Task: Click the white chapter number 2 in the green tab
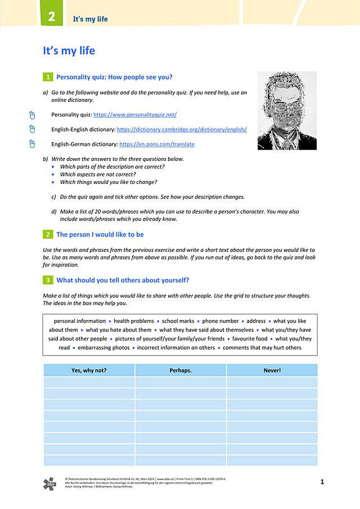pyautogui.click(x=51, y=17)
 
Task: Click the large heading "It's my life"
pyautogui.click(x=69, y=51)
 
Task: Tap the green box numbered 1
pyautogui.click(x=48, y=77)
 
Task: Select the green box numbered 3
pyautogui.click(x=48, y=280)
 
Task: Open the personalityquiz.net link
pyautogui.click(x=135, y=115)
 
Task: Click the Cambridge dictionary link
pyautogui.click(x=182, y=129)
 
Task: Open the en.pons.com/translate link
pyautogui.click(x=157, y=144)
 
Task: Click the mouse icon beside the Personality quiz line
pyautogui.click(x=32, y=115)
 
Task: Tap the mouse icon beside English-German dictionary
pyautogui.click(x=32, y=144)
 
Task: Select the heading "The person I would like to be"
pyautogui.click(x=100, y=235)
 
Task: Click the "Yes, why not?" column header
pyautogui.click(x=89, y=370)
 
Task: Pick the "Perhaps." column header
pyautogui.click(x=181, y=370)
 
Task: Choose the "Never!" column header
pyautogui.click(x=272, y=370)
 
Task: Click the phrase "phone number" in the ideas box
pyautogui.click(x=220, y=321)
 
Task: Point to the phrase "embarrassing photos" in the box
pyautogui.click(x=103, y=348)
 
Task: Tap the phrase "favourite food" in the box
pyautogui.click(x=250, y=339)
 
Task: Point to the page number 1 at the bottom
pyautogui.click(x=322, y=482)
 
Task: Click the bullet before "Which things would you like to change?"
pyautogui.click(x=53, y=182)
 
